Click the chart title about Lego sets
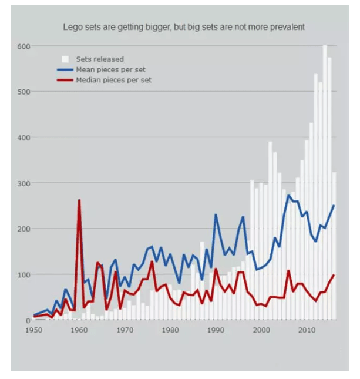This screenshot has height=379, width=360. (184, 27)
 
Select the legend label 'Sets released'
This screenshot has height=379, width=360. (100, 59)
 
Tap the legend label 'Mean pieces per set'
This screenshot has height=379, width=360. (111, 69)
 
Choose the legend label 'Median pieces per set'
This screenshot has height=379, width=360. (114, 80)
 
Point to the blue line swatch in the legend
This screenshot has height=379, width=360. (65, 69)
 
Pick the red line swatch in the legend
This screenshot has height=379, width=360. (65, 80)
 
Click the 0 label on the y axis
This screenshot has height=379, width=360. (28, 320)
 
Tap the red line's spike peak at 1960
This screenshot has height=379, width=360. (79, 201)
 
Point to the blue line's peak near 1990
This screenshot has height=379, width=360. (216, 215)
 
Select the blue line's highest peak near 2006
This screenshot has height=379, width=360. (288, 196)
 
